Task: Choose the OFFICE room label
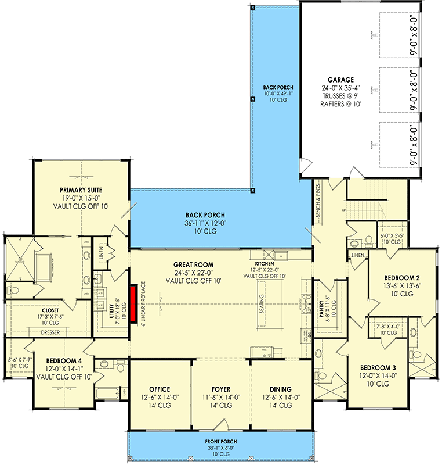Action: [x=160, y=389]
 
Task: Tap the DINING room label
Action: [x=281, y=389]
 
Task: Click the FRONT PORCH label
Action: [x=220, y=442]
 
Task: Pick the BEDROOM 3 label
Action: [x=379, y=368]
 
